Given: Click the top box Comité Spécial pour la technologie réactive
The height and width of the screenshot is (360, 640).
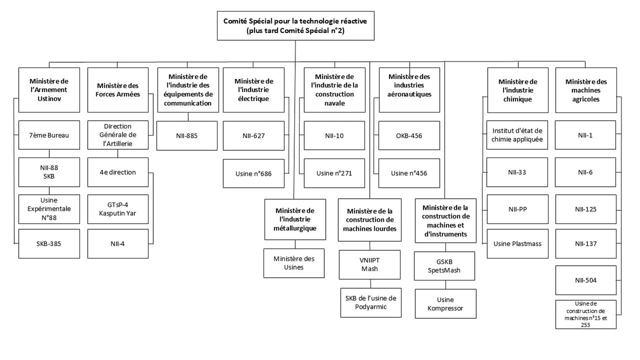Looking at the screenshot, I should (x=295, y=26).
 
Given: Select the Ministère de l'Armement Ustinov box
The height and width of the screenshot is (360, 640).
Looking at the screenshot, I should (x=49, y=89).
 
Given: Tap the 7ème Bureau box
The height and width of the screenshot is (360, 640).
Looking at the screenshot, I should (x=49, y=136).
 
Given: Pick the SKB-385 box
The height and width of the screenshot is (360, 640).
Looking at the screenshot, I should (x=49, y=243).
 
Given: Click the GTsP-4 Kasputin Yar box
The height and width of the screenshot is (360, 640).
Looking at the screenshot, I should (x=118, y=209).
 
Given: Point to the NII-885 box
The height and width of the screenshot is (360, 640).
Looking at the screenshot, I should (x=187, y=136).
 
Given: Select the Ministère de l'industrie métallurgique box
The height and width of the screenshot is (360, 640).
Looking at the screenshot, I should (x=295, y=219).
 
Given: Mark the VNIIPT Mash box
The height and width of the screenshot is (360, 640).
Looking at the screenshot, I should (x=370, y=264).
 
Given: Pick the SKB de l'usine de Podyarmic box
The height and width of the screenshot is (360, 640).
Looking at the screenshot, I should (x=370, y=302).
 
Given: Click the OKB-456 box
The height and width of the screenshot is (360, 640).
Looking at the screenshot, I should (x=409, y=136).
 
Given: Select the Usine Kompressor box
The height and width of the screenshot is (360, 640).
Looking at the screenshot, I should (x=445, y=303).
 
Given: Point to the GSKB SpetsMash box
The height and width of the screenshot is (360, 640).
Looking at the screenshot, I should (x=445, y=266).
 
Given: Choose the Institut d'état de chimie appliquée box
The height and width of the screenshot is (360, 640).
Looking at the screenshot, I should (x=517, y=136).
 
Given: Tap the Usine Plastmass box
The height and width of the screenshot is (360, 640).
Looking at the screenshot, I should (x=517, y=243).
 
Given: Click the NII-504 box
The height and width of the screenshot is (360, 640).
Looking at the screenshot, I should (x=586, y=280).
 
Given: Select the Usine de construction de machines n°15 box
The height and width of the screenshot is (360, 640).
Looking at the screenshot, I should (x=586, y=314).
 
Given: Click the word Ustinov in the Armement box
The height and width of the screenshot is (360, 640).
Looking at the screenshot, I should (x=49, y=99).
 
